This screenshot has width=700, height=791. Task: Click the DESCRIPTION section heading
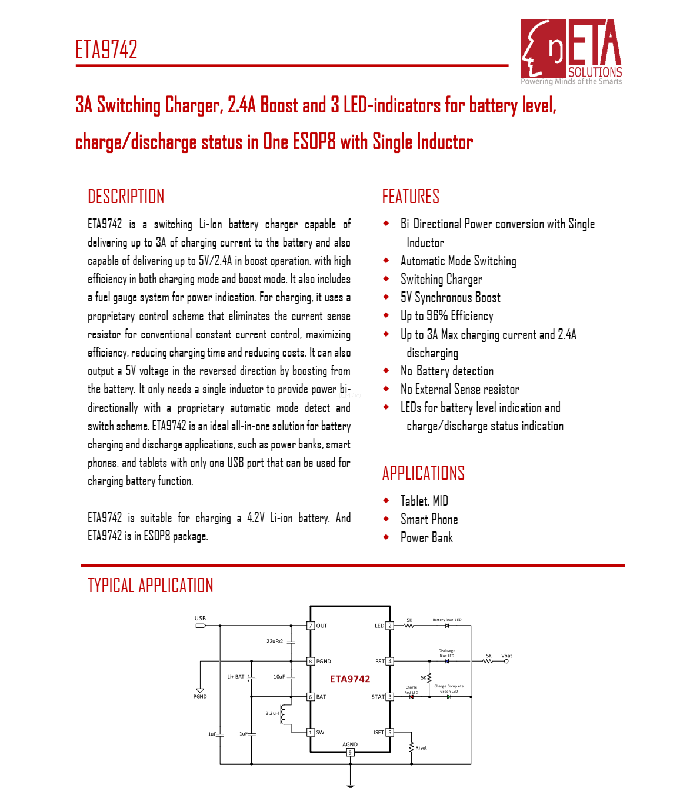[x=126, y=197]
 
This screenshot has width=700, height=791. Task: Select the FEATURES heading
[x=411, y=197]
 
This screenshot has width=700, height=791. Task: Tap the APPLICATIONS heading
[x=423, y=473]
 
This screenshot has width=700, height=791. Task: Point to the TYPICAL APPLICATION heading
[x=150, y=586]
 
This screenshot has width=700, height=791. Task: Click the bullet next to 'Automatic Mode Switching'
[x=386, y=260]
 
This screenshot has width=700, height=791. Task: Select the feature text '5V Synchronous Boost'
[x=450, y=298]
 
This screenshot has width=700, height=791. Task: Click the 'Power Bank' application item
[x=426, y=537]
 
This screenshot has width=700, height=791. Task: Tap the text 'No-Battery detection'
[x=446, y=371]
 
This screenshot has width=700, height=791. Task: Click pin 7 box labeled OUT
[x=311, y=626]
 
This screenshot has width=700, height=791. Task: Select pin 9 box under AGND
[x=350, y=752]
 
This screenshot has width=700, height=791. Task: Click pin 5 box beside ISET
[x=389, y=732]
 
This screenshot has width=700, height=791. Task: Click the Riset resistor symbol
[x=412, y=747]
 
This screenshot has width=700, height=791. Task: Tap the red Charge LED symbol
[x=411, y=697]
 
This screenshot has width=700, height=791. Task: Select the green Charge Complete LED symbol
[x=449, y=697]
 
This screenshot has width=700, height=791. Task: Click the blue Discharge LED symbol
[x=447, y=662]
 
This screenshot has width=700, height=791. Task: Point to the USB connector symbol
[x=201, y=626]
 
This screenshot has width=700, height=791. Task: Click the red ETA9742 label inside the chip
[x=350, y=679]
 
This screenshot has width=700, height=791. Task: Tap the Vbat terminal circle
[x=506, y=662]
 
